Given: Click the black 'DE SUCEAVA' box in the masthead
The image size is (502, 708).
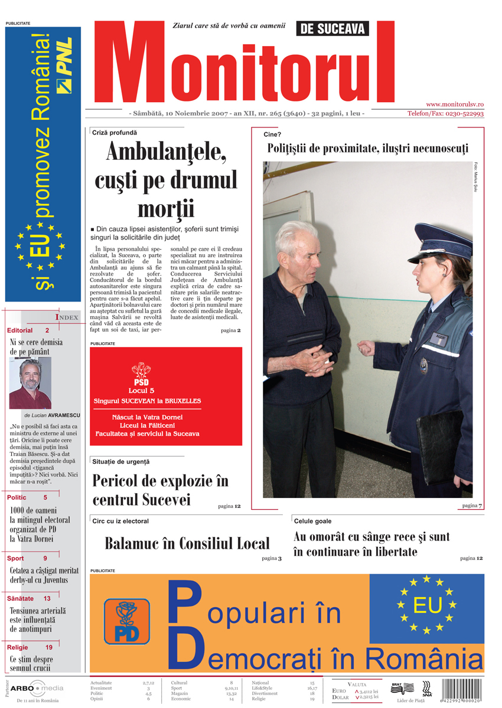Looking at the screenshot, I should (x=332, y=28).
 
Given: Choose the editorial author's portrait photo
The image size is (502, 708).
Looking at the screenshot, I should (x=30, y=383).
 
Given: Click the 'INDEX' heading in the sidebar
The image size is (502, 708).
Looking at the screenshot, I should (x=67, y=317).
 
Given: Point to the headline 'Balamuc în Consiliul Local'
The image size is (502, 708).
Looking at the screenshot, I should (x=187, y=543).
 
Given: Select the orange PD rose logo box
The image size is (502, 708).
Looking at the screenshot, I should (x=127, y=621).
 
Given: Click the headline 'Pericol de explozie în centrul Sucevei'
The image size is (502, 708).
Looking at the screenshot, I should (x=160, y=490).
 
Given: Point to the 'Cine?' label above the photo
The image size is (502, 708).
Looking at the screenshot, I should (x=272, y=135).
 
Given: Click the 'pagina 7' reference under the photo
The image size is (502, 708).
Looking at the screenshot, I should (x=472, y=506).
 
